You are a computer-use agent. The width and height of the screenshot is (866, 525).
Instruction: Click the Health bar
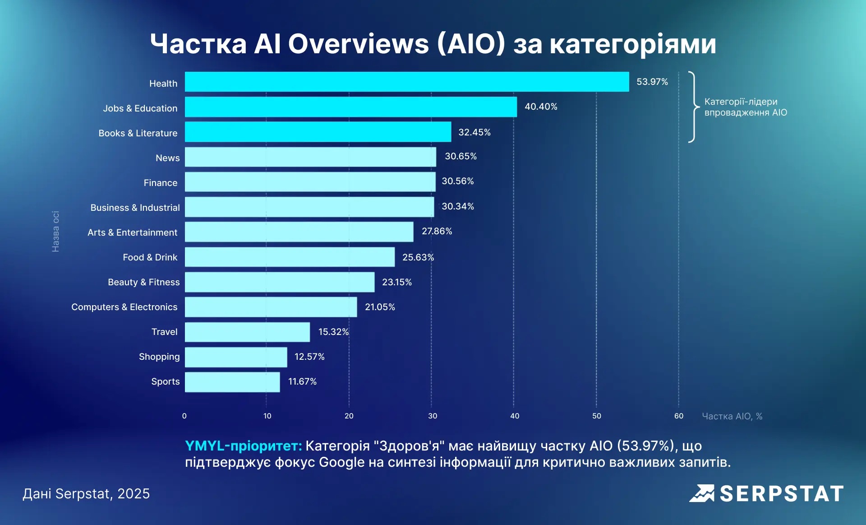407,82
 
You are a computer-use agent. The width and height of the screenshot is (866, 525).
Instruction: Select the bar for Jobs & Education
351,107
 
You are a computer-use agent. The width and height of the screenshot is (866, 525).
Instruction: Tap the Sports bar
232,382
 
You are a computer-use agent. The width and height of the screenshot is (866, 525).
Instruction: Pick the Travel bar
248,332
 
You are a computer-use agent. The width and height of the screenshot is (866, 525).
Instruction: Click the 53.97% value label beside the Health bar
652,82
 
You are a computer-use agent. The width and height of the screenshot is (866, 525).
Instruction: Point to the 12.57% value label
309,357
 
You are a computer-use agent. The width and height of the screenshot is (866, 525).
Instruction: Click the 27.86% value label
437,231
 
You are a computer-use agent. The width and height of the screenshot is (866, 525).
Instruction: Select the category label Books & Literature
138,133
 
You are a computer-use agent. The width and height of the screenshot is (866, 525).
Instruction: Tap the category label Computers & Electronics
124,307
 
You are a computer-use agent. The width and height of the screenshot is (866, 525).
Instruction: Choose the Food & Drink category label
150,257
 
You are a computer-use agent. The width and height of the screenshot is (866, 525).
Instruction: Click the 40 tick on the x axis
515,416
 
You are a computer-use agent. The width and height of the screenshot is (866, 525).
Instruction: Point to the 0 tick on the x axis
184,416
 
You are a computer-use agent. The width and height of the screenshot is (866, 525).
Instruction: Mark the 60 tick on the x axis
679,416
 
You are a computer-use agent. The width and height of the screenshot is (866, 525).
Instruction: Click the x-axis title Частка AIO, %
732,416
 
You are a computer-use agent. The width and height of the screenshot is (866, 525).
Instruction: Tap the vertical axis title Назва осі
55,231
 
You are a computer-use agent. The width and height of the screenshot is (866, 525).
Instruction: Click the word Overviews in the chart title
359,44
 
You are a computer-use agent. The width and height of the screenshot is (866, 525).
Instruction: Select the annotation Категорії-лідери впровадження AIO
746,107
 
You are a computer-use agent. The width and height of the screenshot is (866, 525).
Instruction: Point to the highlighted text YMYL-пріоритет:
244,446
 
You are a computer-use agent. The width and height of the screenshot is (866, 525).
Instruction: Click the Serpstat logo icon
702,493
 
